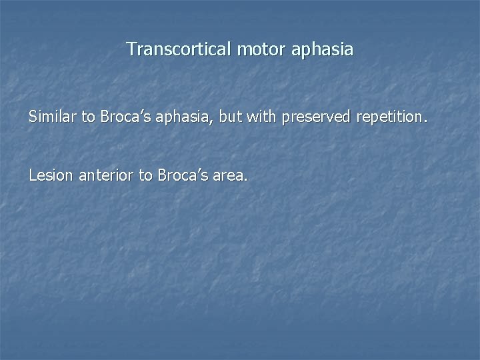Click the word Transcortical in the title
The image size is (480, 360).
[178, 49]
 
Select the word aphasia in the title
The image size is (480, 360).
[321, 50]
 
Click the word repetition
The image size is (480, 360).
[389, 118]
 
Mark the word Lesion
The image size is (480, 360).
[51, 176]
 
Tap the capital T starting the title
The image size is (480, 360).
[131, 49]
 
